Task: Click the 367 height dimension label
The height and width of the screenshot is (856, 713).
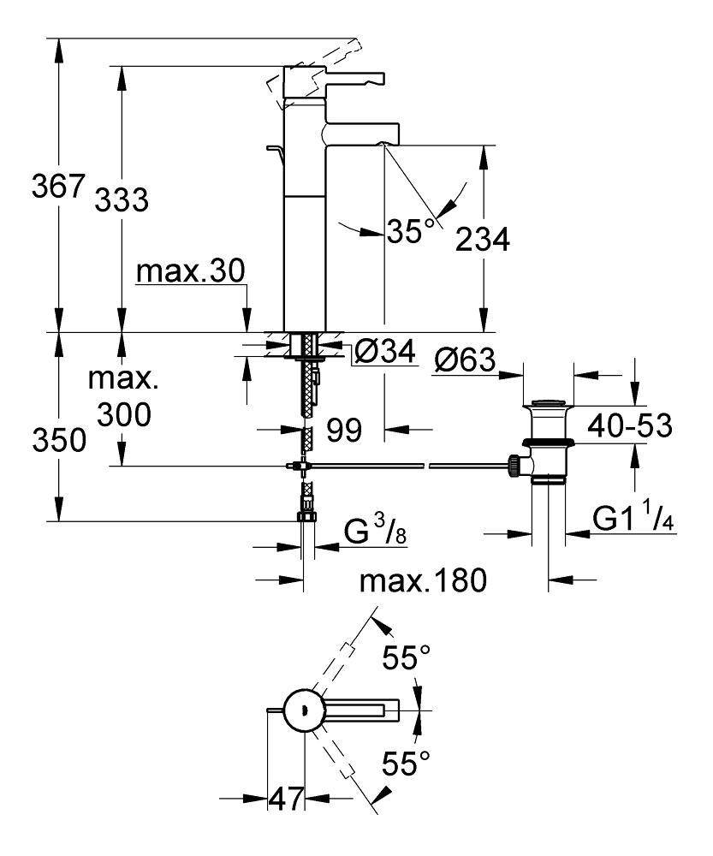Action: click(58, 186)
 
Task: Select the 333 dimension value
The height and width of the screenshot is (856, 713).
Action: click(122, 199)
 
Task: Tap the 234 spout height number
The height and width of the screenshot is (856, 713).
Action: click(483, 239)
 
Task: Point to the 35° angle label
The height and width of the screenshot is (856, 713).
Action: click(413, 231)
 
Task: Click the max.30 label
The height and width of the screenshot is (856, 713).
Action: click(191, 271)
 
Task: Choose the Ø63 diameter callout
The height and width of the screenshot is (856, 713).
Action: click(465, 360)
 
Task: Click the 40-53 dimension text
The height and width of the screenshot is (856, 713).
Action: click(629, 425)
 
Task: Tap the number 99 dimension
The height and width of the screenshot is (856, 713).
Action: click(344, 431)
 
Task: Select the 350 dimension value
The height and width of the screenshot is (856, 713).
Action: click(59, 440)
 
